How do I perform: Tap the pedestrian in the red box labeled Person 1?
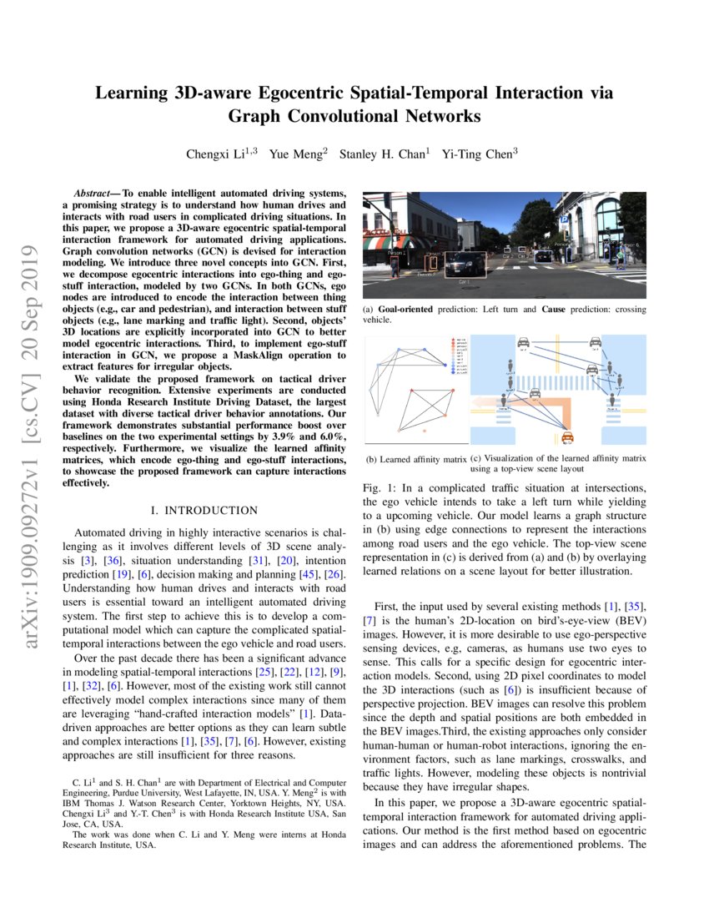pos(395,265)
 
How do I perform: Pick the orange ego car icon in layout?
pos(568,436)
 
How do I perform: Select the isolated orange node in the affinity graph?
pos(425,429)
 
